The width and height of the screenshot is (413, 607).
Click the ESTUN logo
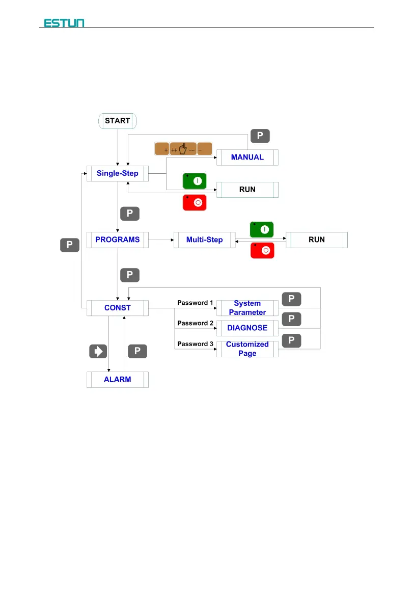[x=64, y=22]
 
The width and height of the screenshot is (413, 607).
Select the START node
[x=118, y=121]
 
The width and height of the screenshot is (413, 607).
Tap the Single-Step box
[x=118, y=174]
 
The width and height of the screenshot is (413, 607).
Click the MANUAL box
[x=247, y=157]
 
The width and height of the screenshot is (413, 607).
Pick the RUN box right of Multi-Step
[x=317, y=240]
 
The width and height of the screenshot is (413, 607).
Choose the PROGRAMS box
[x=118, y=240]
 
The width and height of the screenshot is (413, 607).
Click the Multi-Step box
[x=204, y=240]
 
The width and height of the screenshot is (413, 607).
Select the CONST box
[x=118, y=308]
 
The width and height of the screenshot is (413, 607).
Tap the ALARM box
[x=118, y=380]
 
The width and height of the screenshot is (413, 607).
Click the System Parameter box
[x=247, y=308]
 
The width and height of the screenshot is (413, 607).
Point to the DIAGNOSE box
[x=247, y=328]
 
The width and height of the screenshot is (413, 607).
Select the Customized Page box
[x=247, y=349]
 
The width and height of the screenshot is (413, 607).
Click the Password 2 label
[x=195, y=323]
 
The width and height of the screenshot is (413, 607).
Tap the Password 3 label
[x=195, y=344]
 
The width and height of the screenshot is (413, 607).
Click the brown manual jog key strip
[x=183, y=149]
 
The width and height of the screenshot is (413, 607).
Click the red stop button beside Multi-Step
[x=262, y=250]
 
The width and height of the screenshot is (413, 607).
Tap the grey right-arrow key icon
[x=99, y=351]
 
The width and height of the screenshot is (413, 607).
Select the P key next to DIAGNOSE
[x=291, y=320]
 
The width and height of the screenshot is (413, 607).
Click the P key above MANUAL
[x=260, y=136]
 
